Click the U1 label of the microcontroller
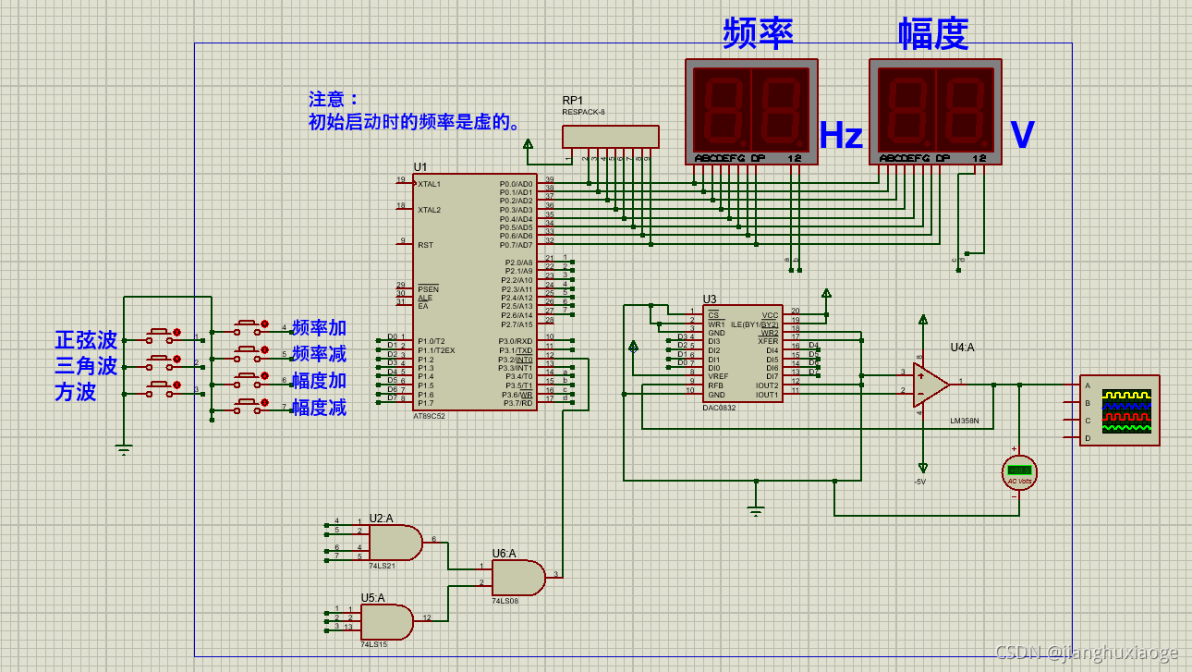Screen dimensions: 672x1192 420,167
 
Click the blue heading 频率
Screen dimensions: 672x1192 758,33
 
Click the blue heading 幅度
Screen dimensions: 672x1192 933,33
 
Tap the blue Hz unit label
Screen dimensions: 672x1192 841,136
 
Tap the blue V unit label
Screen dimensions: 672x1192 1022,136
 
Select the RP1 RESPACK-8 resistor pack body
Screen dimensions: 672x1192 611,136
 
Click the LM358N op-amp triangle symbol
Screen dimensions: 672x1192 930,384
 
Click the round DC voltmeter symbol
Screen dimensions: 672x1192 1019,471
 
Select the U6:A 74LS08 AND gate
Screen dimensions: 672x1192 517,578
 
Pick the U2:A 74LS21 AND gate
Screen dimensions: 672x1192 395,543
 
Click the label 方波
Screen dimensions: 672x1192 75,392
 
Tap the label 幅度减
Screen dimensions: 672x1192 319,408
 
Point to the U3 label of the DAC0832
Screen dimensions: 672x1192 709,299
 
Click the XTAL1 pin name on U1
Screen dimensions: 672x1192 429,184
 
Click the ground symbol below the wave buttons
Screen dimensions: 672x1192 124,450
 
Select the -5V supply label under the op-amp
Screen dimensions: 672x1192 919,482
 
